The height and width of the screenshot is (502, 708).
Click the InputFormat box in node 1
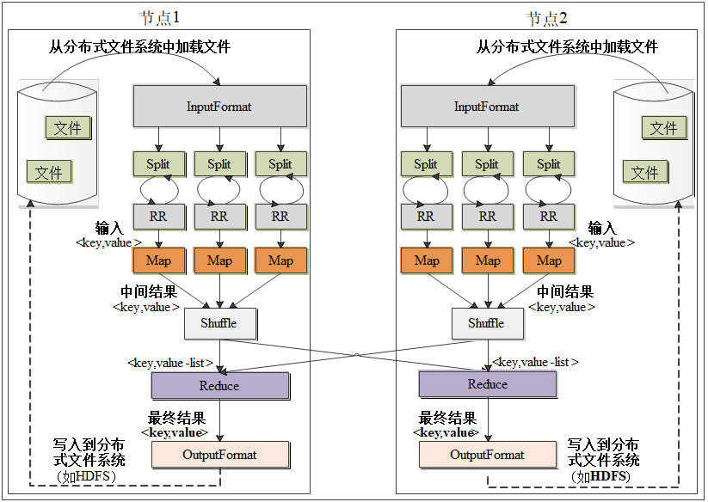pos(219,107)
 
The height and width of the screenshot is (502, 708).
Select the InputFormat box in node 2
pos(487,107)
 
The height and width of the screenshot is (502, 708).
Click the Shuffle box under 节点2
pos(486,323)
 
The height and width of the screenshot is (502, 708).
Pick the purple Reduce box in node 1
pos(219,386)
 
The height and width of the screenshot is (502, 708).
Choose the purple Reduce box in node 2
pos(487,384)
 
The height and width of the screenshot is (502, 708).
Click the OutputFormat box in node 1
pos(219,455)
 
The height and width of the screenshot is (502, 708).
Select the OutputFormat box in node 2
pos(487,455)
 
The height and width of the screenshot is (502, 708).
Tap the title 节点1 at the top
pos(160,18)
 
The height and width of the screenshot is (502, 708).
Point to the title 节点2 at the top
pos(547,18)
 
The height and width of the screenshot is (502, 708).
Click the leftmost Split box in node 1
pos(158,164)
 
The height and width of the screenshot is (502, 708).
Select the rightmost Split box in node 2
pos(548,164)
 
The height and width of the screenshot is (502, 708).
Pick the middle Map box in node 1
pos(219,260)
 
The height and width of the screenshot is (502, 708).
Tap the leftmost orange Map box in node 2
pos(426,260)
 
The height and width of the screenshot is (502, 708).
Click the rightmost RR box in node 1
pos(280,217)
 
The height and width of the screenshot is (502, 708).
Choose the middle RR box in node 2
pos(487,217)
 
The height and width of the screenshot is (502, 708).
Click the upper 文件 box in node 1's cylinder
pos(68,128)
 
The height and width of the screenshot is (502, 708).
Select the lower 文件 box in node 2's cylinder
pos(645,173)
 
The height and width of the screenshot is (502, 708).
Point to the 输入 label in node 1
pos(109,229)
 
